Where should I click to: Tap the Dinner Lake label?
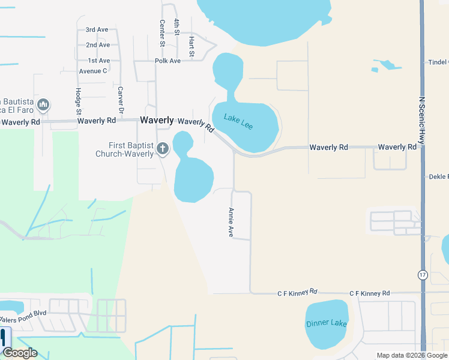tap(327, 323)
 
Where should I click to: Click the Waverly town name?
tap(157, 121)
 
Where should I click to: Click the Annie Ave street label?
tap(231, 222)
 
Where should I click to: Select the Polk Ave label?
tap(167, 61)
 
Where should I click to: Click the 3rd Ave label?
tap(97, 29)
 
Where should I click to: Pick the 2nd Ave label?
tap(98, 45)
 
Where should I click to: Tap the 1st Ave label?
tap(99, 61)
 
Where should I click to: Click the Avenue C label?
tap(92, 71)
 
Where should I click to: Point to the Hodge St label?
tap(78, 101)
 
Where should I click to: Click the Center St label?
tap(162, 32)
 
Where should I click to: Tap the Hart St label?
tap(191, 47)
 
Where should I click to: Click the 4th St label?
tap(177, 30)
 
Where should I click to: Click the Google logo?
tap(20, 353)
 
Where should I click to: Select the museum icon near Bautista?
tap(43, 106)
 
